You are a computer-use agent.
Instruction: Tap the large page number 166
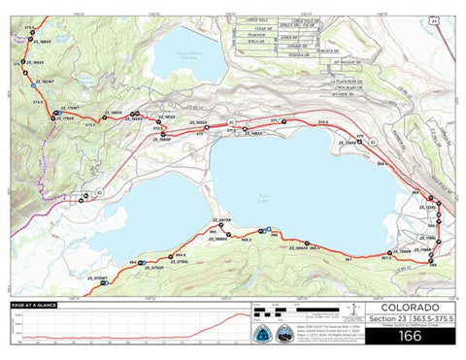[409, 336]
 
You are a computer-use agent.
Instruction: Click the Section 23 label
[387, 320]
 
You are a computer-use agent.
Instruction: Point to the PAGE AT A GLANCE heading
[34, 305]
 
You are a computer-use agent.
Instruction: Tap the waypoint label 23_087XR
[220, 222]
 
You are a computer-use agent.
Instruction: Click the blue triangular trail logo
[263, 334]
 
